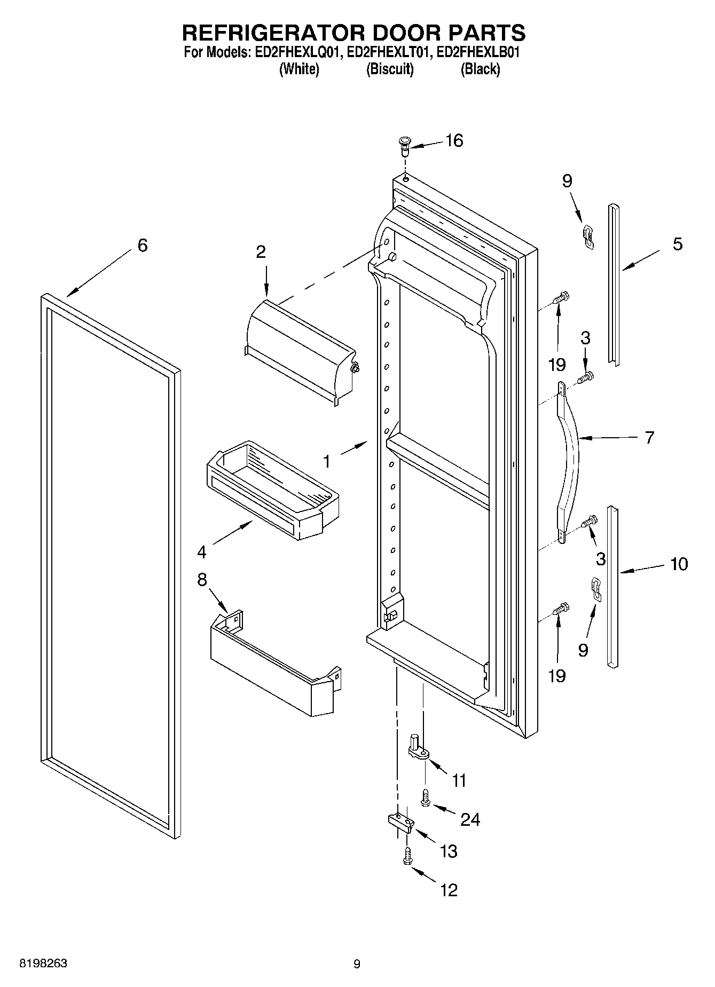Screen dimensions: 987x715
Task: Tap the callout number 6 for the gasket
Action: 142,246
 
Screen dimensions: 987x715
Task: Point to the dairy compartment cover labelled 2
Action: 299,347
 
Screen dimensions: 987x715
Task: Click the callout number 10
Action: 679,564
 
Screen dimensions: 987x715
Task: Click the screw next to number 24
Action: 426,799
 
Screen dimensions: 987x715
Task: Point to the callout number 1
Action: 327,461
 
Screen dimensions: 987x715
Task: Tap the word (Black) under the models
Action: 480,69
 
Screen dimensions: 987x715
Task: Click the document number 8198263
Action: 43,964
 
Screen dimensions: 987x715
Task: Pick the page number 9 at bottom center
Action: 357,964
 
